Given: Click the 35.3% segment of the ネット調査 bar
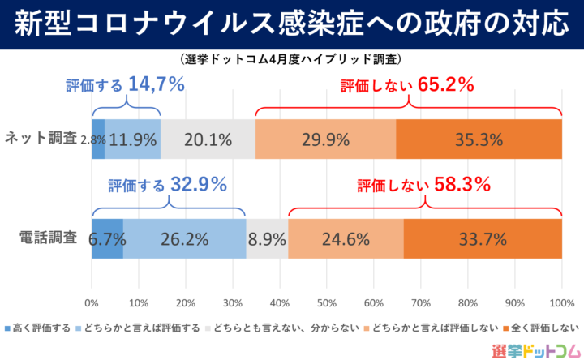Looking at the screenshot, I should click(x=479, y=139).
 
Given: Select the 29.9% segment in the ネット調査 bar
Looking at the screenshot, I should click(x=325, y=139).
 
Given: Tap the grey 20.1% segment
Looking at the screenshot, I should click(x=208, y=139).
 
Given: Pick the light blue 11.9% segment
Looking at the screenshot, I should click(x=132, y=139).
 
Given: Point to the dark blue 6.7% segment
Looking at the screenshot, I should click(x=106, y=239).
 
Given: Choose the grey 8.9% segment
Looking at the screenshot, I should click(x=267, y=239).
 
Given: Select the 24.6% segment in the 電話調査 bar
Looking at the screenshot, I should click(x=346, y=239).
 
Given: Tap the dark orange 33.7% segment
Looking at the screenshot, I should click(x=483, y=239).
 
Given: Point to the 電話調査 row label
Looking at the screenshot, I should click(x=48, y=238).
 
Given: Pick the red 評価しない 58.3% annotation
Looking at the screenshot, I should click(x=423, y=185).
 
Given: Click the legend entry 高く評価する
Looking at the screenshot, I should click(x=39, y=328).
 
